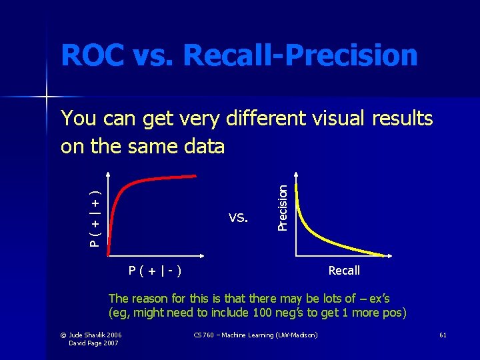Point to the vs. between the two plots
click(239, 216)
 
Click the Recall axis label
click(344, 270)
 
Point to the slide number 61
click(443, 334)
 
